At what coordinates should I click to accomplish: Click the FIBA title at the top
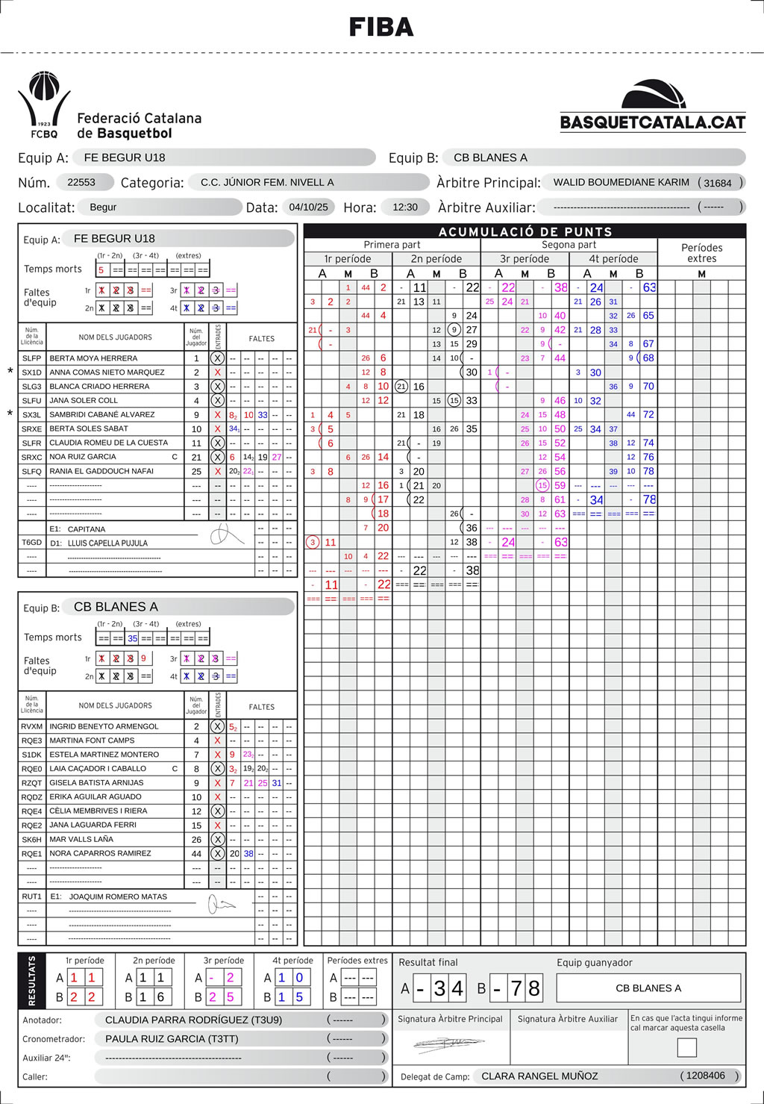[381, 28]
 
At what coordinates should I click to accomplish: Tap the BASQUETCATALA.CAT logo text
[653, 122]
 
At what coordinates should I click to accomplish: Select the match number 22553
[81, 182]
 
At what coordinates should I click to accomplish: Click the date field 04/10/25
[308, 207]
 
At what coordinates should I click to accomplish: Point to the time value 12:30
[405, 207]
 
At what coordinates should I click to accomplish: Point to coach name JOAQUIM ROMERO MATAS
[118, 896]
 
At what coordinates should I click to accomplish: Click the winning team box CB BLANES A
[648, 988]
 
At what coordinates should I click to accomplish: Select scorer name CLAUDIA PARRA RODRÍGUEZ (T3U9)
[193, 1020]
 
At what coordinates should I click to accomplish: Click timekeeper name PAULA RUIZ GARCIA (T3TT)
[172, 1038]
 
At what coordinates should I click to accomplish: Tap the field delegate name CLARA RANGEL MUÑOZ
[539, 1076]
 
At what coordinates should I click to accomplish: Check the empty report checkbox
[686, 1047]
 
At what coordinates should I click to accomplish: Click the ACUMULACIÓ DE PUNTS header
[525, 231]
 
